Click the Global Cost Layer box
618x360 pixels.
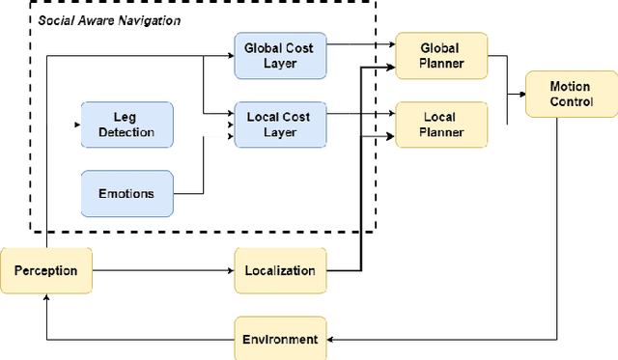point(280,54)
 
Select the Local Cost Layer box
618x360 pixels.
point(280,125)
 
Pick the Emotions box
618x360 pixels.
point(126,193)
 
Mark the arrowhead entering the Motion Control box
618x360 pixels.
point(520,95)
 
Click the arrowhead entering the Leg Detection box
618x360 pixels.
point(77,125)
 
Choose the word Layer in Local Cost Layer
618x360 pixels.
point(280,132)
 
